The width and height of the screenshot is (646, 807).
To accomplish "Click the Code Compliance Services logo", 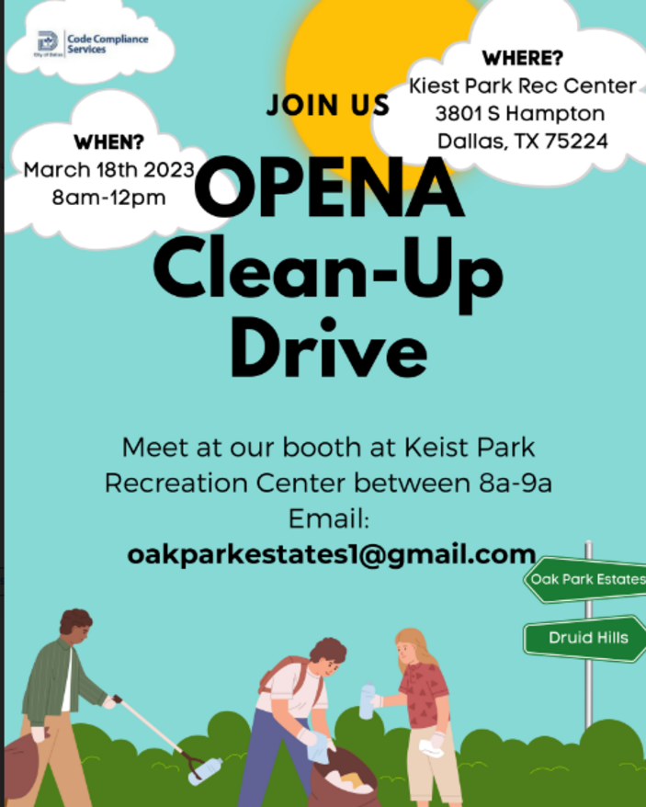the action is pyautogui.click(x=93, y=44).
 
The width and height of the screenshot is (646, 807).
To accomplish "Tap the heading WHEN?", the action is pyautogui.click(x=109, y=142).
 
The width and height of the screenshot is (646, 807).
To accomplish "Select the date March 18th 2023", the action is pyautogui.click(x=109, y=170).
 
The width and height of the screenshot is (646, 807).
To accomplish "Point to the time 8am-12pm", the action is pyautogui.click(x=109, y=198).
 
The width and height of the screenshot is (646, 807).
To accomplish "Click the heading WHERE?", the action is pyautogui.click(x=523, y=58).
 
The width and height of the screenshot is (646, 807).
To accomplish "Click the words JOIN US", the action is pyautogui.click(x=328, y=105).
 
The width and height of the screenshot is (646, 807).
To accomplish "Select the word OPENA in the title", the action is pyautogui.click(x=330, y=188).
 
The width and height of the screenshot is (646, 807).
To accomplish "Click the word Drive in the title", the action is pyautogui.click(x=328, y=348).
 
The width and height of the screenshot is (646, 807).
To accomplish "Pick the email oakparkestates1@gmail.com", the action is pyautogui.click(x=332, y=555).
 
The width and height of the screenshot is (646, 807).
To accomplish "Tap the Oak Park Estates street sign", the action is pyautogui.click(x=585, y=580).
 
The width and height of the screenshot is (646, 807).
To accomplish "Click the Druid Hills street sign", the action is pyautogui.click(x=585, y=638).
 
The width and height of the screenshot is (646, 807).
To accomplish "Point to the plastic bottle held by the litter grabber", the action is pyautogui.click(x=206, y=771).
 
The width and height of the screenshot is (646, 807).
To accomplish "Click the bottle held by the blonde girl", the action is pyautogui.click(x=367, y=700).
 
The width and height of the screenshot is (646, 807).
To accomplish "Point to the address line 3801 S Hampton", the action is pyautogui.click(x=520, y=114).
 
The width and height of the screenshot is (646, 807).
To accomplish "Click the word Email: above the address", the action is pyautogui.click(x=329, y=518).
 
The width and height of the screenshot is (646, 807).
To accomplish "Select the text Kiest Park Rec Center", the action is pyautogui.click(x=523, y=86).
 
